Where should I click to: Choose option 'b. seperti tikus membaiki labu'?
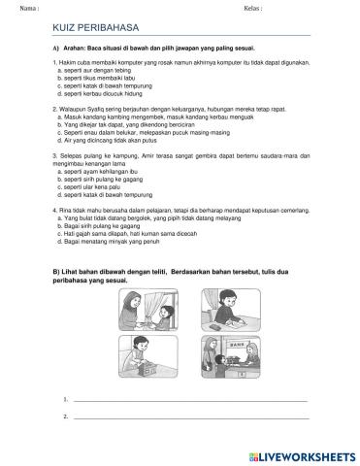click(97, 78)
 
